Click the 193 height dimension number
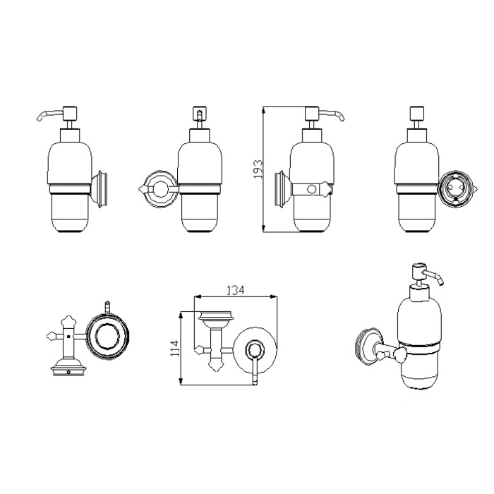(258, 169)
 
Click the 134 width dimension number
(236, 290)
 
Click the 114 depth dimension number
(174, 348)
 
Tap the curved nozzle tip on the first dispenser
(40, 117)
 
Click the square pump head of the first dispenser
(71, 114)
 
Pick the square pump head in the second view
(199, 114)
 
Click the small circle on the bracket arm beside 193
(311, 189)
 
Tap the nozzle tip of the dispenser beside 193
(342, 117)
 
